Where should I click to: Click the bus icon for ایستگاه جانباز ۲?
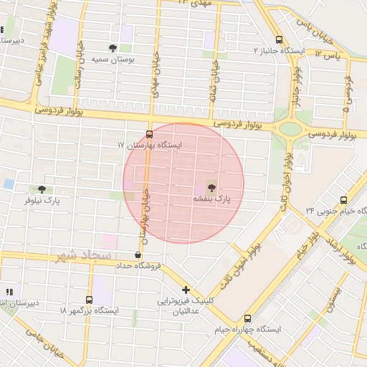pos(279,40)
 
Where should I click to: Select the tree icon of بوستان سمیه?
pos(113,48)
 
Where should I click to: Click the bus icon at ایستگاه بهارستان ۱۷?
pos(149,134)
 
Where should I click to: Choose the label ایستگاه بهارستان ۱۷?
pos(151,146)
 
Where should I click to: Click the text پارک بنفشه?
pos(211,198)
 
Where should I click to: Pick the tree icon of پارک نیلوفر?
pos(42,190)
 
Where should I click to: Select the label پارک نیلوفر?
pos(42,201)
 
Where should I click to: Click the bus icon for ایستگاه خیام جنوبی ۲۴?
pos(343,200)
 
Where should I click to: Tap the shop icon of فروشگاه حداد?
pos(138,254)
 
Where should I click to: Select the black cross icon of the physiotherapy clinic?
pos(186,290)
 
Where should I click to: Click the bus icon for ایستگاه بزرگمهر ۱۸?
pos(89,300)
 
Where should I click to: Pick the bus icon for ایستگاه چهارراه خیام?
pos(248,318)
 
